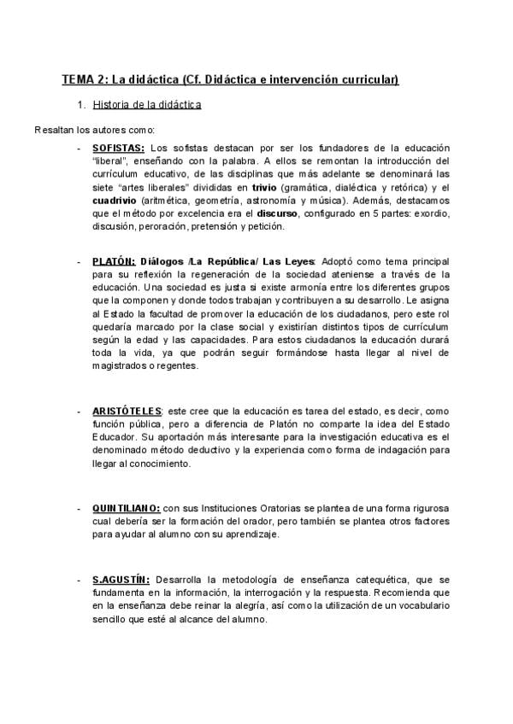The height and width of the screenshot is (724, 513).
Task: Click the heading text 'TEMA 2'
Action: point(84,80)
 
